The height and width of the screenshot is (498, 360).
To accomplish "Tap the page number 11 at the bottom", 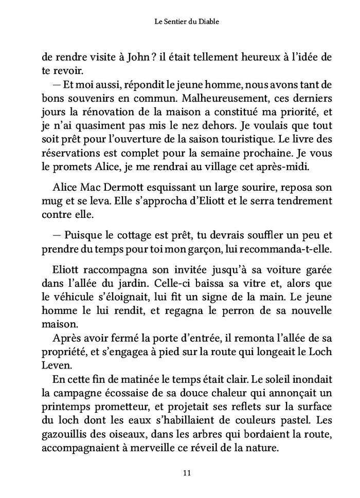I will click(179, 472).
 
